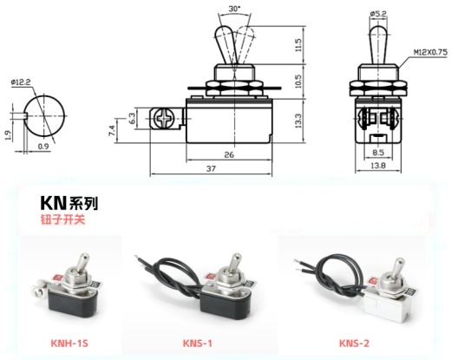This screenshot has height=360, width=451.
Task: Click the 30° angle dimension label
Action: tap(234, 9)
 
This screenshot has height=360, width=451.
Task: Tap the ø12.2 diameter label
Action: tap(21, 82)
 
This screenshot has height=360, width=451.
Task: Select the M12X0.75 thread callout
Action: tap(430, 52)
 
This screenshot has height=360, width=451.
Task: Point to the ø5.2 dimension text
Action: tap(378, 13)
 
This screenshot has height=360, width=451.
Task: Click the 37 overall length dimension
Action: tap(211, 168)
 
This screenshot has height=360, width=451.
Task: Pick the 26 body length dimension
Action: tap(229, 154)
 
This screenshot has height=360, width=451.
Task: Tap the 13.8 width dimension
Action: tap(378, 166)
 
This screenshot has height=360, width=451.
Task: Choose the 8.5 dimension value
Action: tap(378, 153)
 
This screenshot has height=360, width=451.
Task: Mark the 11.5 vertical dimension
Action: tap(298, 45)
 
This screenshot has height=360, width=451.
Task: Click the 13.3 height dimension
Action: tap(298, 121)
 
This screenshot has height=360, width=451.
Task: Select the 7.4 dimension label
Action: tap(113, 131)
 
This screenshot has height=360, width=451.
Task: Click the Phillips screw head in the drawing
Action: tap(164, 118)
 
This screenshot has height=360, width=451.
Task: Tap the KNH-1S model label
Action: tap(69, 344)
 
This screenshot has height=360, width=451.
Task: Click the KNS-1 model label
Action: tap(198, 344)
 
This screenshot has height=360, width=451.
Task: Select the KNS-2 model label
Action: tap(354, 344)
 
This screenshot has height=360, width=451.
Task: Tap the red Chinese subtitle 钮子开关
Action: tap(63, 219)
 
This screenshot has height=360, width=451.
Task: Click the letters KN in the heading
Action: tap(54, 203)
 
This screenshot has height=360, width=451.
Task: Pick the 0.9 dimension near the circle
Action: tap(43, 147)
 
